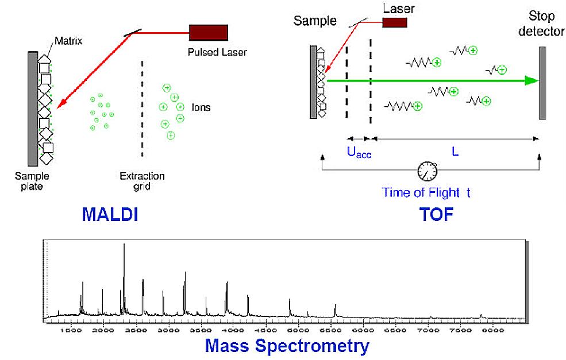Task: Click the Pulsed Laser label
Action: (217, 52)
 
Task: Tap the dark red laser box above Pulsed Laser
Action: (209, 33)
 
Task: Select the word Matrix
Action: (68, 41)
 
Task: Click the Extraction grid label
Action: (142, 181)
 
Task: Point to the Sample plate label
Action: (32, 181)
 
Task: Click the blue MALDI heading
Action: (110, 214)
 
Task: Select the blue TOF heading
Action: (436, 214)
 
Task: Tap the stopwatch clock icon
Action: (428, 171)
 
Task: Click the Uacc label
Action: (359, 153)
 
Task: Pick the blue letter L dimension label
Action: (455, 152)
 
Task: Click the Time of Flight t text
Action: (426, 192)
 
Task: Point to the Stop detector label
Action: (541, 24)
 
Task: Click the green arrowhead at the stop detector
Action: (532, 81)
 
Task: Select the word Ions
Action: (201, 107)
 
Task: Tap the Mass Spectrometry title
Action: (287, 346)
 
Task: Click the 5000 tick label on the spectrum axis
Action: (298, 330)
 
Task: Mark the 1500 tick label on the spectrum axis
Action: (71, 330)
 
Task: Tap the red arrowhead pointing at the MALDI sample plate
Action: (61, 103)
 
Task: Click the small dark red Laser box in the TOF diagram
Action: (395, 22)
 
